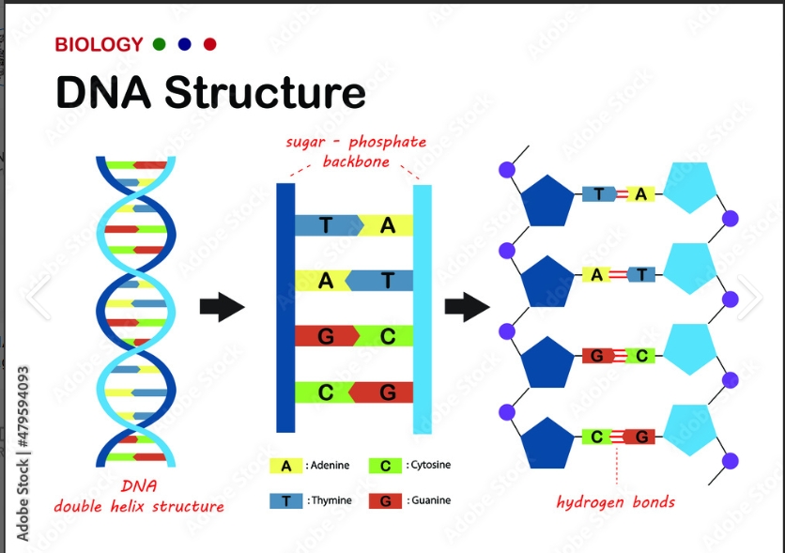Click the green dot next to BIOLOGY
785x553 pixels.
tap(159, 44)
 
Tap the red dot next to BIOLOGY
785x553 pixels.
tap(209, 44)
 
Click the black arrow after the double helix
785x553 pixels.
tap(222, 307)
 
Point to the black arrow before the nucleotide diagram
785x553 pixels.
tap(467, 307)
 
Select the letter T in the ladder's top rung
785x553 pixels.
tap(326, 225)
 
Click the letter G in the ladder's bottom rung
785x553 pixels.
tap(388, 393)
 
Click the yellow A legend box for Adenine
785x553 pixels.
tap(285, 466)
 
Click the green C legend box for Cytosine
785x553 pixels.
tap(385, 466)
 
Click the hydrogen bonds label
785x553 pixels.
tap(615, 501)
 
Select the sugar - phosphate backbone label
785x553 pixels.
tap(355, 151)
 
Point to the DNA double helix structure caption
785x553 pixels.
tap(139, 497)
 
